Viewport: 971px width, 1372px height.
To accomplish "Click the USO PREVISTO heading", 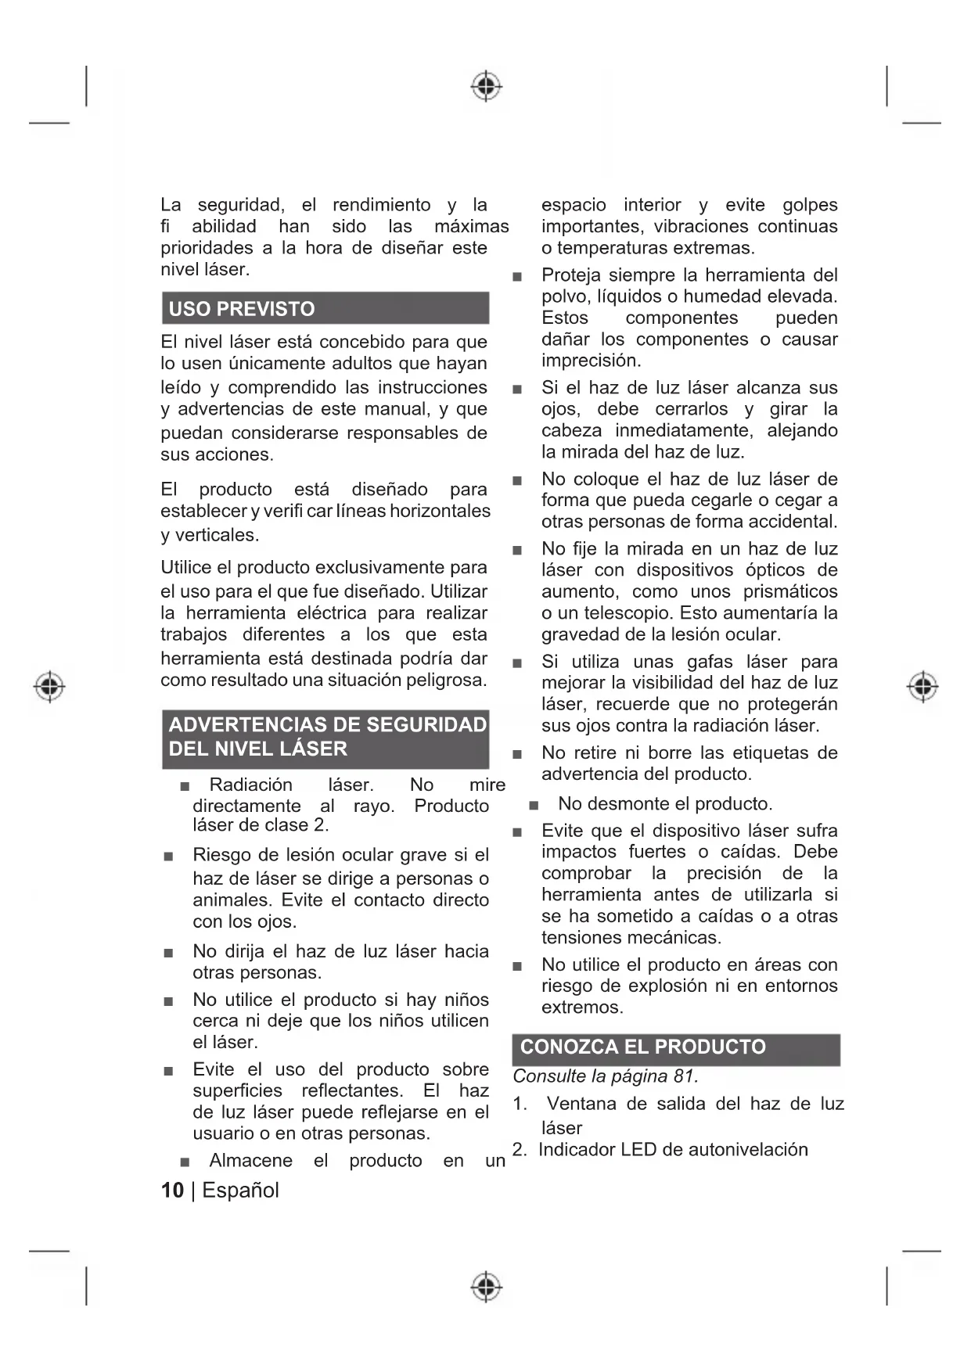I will (x=242, y=309).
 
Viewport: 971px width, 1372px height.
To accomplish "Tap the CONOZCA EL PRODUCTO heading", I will (x=642, y=1047).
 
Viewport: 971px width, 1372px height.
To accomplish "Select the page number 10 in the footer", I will (x=172, y=1191).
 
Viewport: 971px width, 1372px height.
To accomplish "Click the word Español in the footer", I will (x=240, y=1191).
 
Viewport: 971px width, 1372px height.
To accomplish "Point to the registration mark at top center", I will (x=486, y=85).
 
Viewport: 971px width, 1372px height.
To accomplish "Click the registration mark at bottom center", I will (x=486, y=1286).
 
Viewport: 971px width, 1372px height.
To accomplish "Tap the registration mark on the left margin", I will (x=49, y=686).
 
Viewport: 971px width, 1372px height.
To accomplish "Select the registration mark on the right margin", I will (x=922, y=686).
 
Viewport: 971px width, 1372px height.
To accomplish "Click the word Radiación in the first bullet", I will (x=250, y=785).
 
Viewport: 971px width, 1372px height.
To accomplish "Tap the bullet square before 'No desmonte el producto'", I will (x=534, y=805).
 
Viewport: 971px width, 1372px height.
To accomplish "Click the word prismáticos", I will (x=789, y=591).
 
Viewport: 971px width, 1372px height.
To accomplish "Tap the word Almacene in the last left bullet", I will (x=250, y=1161).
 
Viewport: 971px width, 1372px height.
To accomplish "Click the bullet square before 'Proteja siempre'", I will (x=516, y=277).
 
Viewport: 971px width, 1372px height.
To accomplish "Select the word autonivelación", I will (x=746, y=1150).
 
